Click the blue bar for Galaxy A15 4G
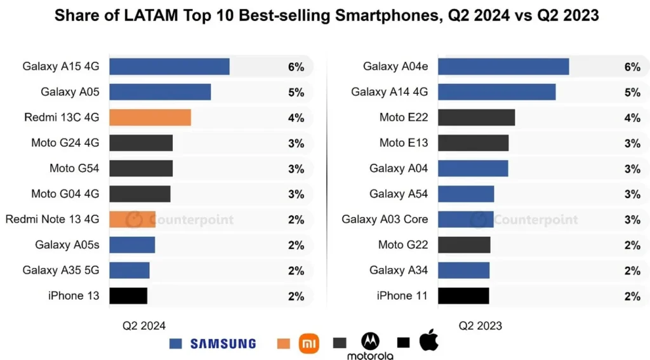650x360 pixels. click(169, 67)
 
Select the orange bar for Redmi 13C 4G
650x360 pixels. click(150, 117)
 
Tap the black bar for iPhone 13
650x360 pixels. click(128, 296)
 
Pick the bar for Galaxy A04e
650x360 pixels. click(503, 67)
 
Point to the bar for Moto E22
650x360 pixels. click(476, 117)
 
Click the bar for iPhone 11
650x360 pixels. click(463, 296)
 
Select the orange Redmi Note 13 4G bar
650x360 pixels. click(132, 220)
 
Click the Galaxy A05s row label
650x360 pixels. click(67, 245)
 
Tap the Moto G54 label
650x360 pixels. click(74, 168)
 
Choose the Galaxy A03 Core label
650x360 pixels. click(385, 220)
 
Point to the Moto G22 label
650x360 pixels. click(404, 245)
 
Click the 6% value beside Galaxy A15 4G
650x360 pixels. click(296, 67)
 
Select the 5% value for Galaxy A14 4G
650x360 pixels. click(632, 93)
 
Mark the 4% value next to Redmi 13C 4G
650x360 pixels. click(296, 118)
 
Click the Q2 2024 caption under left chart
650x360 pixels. click(144, 326)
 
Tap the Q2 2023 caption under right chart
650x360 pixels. click(481, 326)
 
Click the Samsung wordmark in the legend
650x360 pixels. click(223, 343)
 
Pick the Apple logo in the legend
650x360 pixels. click(429, 340)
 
